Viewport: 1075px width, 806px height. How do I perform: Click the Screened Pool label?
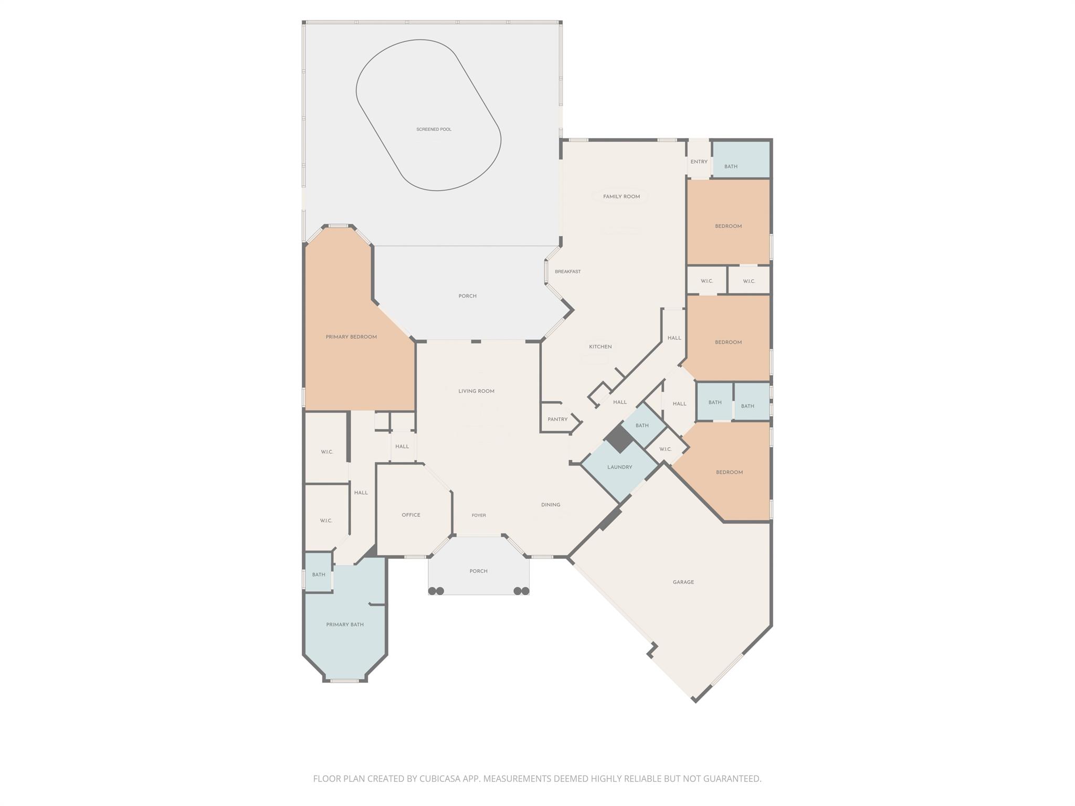[x=434, y=130]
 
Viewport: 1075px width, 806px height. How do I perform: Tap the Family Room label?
[x=621, y=197]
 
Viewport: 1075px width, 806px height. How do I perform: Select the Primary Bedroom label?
[x=351, y=337]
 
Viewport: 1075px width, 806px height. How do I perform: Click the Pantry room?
[x=557, y=419]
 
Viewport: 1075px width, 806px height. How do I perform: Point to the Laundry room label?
[x=619, y=467]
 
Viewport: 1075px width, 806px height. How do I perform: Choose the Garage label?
[x=683, y=582]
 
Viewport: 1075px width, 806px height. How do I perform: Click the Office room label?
[x=411, y=515]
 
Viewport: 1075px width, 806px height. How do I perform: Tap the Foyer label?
[x=479, y=515]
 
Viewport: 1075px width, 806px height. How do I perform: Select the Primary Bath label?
[x=345, y=624]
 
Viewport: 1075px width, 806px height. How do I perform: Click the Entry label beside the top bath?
[x=699, y=162]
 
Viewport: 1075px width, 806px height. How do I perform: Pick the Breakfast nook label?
[x=567, y=272]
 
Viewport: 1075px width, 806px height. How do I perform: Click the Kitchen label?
[x=600, y=347]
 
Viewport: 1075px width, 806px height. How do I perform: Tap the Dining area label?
[x=551, y=505]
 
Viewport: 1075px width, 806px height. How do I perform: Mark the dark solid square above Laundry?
[x=619, y=439]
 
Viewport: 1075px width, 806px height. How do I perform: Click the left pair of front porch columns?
[x=436, y=591]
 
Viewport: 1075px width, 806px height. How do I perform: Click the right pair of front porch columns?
[x=521, y=591]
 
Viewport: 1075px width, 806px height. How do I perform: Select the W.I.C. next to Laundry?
[x=665, y=449]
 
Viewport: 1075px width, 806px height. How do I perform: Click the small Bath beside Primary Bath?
[x=319, y=575]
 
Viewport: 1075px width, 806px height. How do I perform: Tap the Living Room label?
[x=476, y=391]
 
